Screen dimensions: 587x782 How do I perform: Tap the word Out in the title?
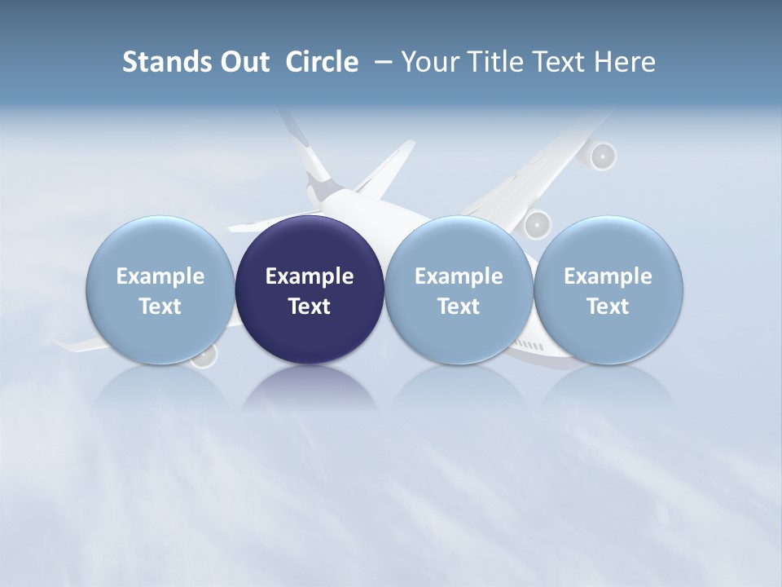pyautogui.click(x=242, y=62)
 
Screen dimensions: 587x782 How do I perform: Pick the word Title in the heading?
pyautogui.click(x=492, y=62)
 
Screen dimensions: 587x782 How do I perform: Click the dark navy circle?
pyautogui.click(x=310, y=289)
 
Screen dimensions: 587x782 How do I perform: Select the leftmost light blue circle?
pyautogui.click(x=160, y=289)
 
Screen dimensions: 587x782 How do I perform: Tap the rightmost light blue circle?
pyautogui.click(x=608, y=289)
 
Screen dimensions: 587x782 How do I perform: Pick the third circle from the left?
pyautogui.click(x=459, y=289)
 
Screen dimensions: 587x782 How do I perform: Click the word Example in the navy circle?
pyautogui.click(x=310, y=276)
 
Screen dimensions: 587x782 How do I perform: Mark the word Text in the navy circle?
pyautogui.click(x=310, y=307)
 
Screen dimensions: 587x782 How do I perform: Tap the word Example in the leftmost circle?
pyautogui.click(x=160, y=276)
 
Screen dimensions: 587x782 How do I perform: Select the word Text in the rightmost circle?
pyautogui.click(x=608, y=307)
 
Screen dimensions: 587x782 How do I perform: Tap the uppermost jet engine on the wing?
pyautogui.click(x=601, y=155)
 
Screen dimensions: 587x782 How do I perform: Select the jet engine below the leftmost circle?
pyautogui.click(x=204, y=357)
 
